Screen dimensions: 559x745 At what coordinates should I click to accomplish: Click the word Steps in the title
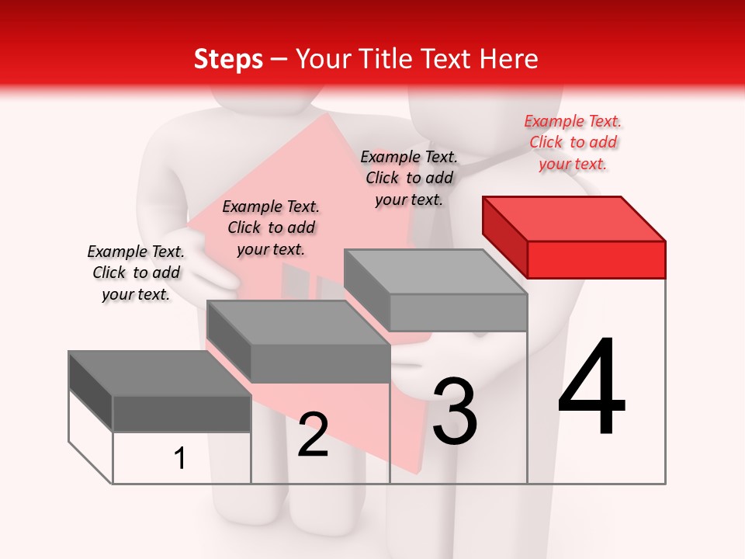click(x=228, y=59)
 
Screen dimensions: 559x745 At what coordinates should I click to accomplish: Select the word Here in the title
click(x=509, y=59)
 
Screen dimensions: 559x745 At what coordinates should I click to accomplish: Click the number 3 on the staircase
click(x=455, y=411)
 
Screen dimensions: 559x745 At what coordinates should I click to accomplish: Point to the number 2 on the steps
click(x=314, y=435)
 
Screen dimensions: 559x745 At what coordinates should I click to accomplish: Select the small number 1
click(x=180, y=458)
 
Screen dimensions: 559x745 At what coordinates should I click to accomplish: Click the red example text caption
click(x=573, y=142)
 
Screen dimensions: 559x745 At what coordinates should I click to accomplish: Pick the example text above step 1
click(x=136, y=273)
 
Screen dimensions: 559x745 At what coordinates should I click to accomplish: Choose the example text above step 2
click(x=271, y=227)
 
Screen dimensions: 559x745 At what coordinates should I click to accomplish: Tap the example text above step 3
click(x=409, y=178)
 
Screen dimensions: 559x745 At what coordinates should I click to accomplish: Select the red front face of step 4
click(x=596, y=259)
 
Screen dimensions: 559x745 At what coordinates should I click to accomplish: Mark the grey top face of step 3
click(x=435, y=272)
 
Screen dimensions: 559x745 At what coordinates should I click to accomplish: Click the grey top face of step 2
click(x=298, y=322)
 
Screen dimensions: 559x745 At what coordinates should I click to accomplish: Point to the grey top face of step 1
click(x=160, y=373)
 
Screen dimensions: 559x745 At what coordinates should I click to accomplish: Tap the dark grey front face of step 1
click(x=182, y=414)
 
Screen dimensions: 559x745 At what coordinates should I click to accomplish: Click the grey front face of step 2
click(x=320, y=363)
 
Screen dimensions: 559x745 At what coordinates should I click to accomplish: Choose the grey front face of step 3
click(x=458, y=312)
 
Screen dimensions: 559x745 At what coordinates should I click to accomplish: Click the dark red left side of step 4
click(x=505, y=236)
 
